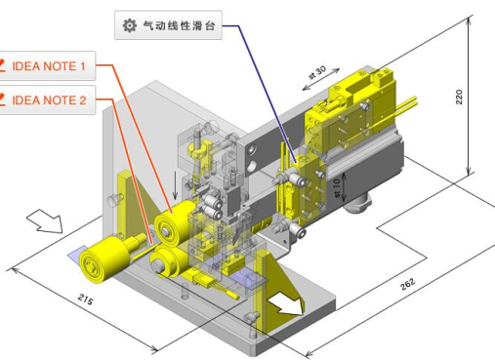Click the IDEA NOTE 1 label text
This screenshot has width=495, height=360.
[x=55, y=67]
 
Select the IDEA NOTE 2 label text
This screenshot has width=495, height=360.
[x=55, y=100]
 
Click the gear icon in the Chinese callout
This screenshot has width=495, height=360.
[x=128, y=26]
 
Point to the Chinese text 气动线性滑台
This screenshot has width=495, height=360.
[x=179, y=26]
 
